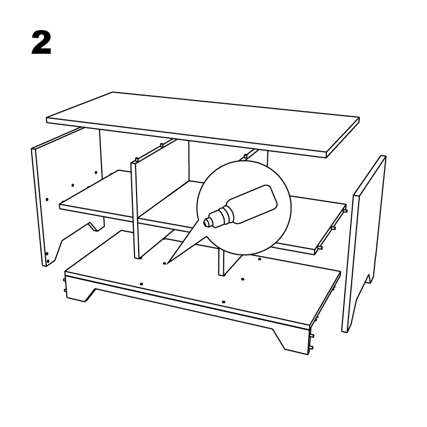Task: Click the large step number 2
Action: tap(41, 42)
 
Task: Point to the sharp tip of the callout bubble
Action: tap(167, 264)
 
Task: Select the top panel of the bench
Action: tap(203, 124)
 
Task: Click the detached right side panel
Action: tap(364, 244)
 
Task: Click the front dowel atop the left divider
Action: tap(137, 159)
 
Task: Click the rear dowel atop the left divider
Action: tap(162, 145)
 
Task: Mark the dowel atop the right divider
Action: tap(246, 156)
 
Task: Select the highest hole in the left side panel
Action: tap(96, 173)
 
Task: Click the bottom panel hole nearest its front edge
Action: tap(224, 302)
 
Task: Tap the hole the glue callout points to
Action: tap(164, 264)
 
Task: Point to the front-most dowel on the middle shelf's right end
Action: tap(321, 248)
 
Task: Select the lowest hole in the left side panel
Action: tap(48, 261)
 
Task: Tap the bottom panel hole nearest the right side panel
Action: tap(260, 259)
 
